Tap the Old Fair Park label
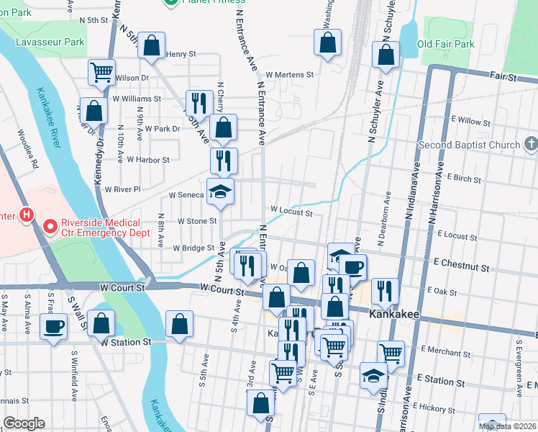click(x=446, y=44)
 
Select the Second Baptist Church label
click(x=470, y=145)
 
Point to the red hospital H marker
click(x=27, y=215)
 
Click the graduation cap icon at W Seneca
click(x=221, y=192)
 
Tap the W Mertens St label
click(x=290, y=74)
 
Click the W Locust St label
click(x=291, y=212)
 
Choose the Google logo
click(x=24, y=423)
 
